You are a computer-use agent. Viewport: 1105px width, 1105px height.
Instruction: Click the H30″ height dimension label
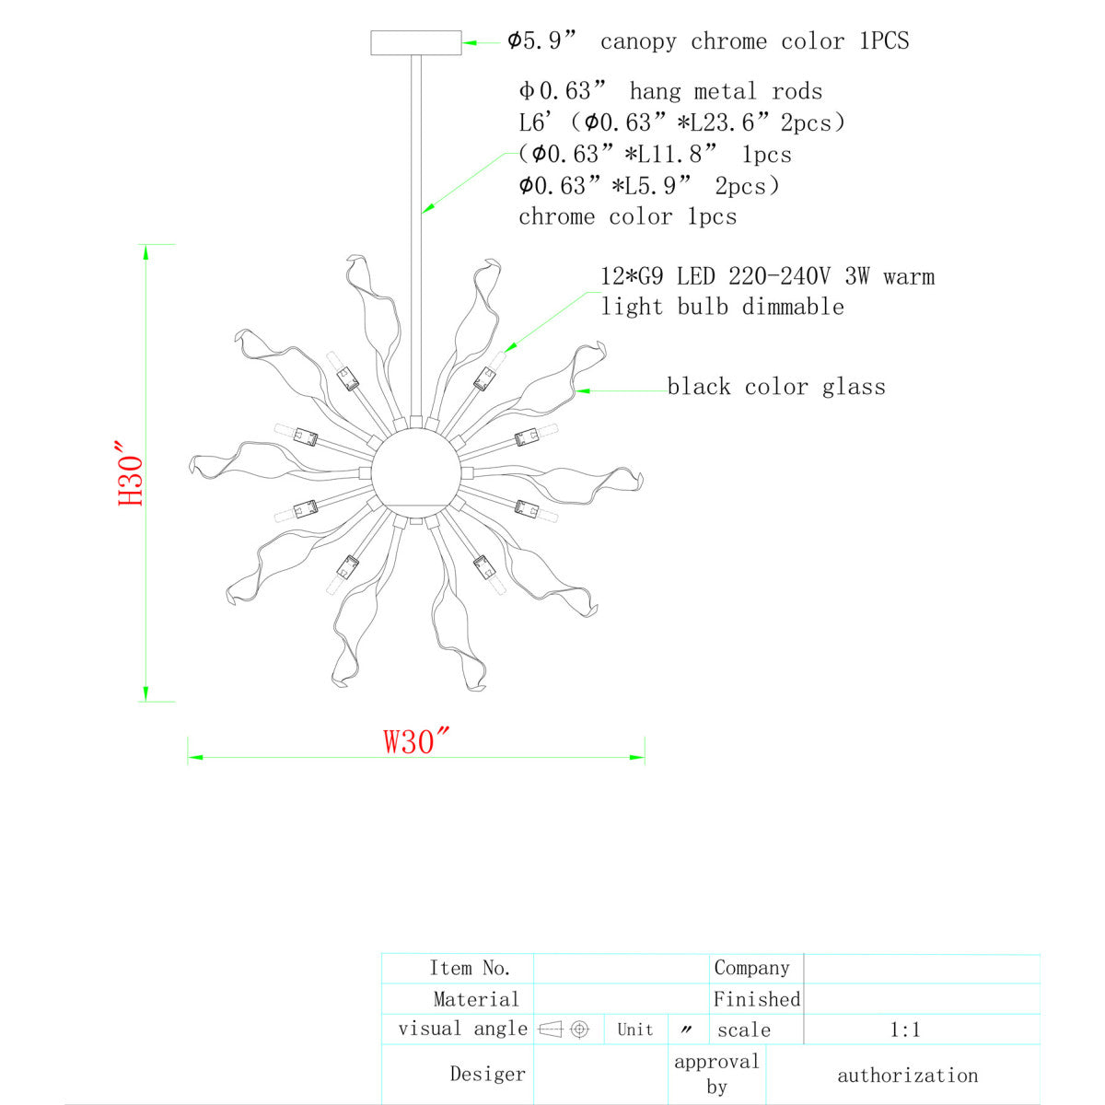pos(130,473)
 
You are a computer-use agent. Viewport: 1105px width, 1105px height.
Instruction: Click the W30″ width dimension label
pos(416,741)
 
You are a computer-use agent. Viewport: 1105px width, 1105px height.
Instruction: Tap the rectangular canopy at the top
pos(415,43)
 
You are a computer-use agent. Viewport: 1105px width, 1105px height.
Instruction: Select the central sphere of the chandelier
pos(415,473)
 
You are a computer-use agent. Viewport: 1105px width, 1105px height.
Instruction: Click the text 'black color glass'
pos(776,387)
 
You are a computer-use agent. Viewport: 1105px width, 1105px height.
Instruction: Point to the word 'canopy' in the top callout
pos(638,42)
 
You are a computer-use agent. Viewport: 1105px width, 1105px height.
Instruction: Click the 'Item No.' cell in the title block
pos(470,968)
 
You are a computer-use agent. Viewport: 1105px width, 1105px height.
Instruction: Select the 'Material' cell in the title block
pos(476,999)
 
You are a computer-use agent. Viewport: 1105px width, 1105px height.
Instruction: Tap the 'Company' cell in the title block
pos(751,968)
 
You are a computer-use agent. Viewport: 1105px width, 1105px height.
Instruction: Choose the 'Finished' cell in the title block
pos(756,999)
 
